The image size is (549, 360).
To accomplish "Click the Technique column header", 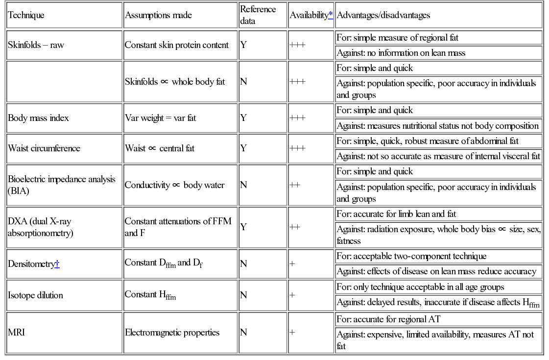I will click(x=26, y=15).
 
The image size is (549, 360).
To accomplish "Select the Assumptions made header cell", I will click(x=158, y=15).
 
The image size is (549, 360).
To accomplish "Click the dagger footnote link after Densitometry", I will click(x=57, y=264).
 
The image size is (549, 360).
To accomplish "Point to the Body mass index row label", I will click(x=38, y=118).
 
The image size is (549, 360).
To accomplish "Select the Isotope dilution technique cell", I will click(x=35, y=295).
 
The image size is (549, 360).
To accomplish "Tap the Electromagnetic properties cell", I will click(x=172, y=333).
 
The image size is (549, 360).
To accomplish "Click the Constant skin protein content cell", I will click(x=176, y=45).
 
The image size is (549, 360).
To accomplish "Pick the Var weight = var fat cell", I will click(x=160, y=118).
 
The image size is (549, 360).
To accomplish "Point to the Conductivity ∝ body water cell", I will click(x=174, y=185).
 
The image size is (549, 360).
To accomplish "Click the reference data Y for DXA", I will click(x=243, y=227).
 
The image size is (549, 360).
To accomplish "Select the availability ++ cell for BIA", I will click(x=295, y=185).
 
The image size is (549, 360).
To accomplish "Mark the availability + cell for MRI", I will click(x=292, y=333).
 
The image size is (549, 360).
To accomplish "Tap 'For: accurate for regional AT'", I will click(x=388, y=319).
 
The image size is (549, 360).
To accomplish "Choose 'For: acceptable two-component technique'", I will click(x=411, y=256).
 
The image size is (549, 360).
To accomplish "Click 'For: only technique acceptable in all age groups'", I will click(x=420, y=287).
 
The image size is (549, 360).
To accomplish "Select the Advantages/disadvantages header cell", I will click(x=383, y=15).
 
